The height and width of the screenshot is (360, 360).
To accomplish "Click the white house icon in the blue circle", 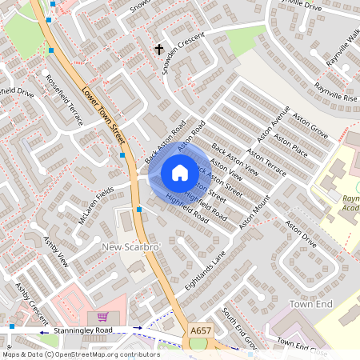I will [x=180, y=173].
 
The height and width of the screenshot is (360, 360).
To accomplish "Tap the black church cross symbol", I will [x=158, y=50].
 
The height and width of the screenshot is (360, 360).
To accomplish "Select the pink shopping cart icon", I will [x=102, y=317].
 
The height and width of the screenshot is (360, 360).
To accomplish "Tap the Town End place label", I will [x=310, y=305].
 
